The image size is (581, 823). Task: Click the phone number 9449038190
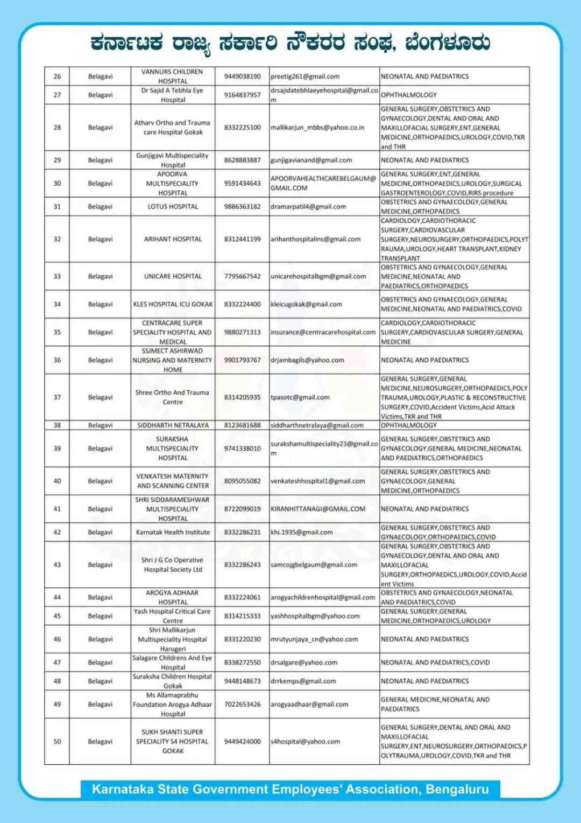pyautogui.click(x=242, y=76)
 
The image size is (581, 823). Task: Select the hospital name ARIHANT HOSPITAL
pyautogui.click(x=173, y=239)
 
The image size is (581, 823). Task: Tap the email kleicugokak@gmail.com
pyautogui.click(x=306, y=304)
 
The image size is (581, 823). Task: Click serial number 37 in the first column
pyautogui.click(x=57, y=397)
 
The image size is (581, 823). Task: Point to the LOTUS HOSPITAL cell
pyautogui.click(x=173, y=207)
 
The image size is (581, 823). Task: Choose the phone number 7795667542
pyautogui.click(x=242, y=276)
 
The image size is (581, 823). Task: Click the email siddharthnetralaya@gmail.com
pyautogui.click(x=317, y=425)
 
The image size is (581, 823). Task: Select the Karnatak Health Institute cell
pyautogui.click(x=173, y=532)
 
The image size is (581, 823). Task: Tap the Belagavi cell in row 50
pyautogui.click(x=100, y=741)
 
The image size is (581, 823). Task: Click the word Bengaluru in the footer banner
pyautogui.click(x=457, y=789)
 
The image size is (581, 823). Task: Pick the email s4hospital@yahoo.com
pyautogui.click(x=305, y=741)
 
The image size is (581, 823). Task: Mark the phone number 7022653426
pyautogui.click(x=242, y=704)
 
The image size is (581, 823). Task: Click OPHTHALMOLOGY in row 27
pyautogui.click(x=409, y=95)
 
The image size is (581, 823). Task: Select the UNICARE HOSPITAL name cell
pyautogui.click(x=173, y=276)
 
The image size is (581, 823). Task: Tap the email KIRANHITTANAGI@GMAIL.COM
pyautogui.click(x=318, y=509)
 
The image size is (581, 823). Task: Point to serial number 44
pyautogui.click(x=57, y=597)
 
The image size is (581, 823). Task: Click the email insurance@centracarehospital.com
pyautogui.click(x=323, y=332)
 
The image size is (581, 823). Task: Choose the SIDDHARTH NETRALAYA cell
pyautogui.click(x=173, y=425)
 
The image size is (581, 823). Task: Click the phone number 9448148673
pyautogui.click(x=242, y=681)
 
